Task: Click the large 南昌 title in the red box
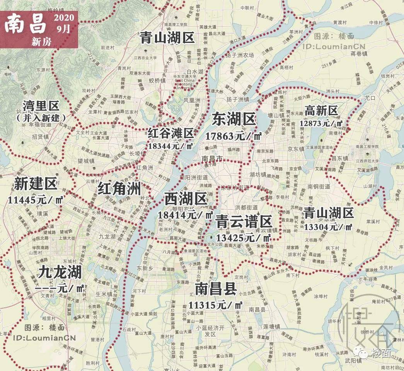26,24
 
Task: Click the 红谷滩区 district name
170,134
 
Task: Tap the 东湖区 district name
234,119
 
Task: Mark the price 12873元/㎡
321,123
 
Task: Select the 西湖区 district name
186,199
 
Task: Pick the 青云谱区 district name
244,222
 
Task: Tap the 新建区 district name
36,184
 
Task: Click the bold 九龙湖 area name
60,272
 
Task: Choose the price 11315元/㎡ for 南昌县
216,305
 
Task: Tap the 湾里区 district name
40,105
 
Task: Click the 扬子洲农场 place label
240,55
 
